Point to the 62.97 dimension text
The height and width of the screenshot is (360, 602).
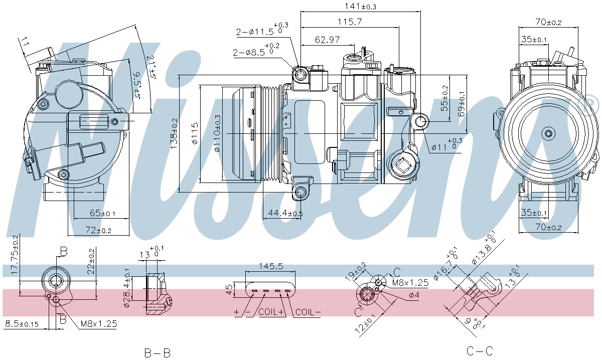tap(327, 40)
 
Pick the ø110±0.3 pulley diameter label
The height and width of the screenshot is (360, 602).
tap(217, 133)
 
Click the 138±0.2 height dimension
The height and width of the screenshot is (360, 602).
tap(174, 133)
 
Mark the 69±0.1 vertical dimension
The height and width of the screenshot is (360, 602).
tap(461, 104)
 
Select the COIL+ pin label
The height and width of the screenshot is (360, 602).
tap(271, 312)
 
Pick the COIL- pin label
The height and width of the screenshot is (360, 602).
tap(308, 312)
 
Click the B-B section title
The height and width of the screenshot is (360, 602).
tap(158, 352)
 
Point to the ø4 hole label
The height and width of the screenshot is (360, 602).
tap(414, 295)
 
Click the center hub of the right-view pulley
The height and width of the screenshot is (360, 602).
tap(549, 133)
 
